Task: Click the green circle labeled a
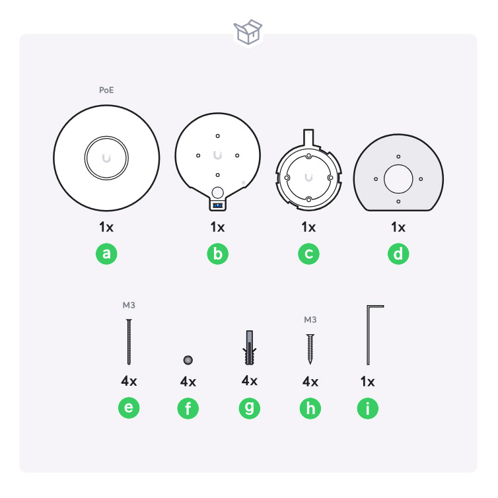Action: [x=106, y=254]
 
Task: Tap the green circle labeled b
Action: [x=217, y=254]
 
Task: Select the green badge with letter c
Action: [x=308, y=254]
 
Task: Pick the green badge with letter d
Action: [x=398, y=254]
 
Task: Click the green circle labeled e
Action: [x=129, y=408]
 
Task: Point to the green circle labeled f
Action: [x=188, y=408]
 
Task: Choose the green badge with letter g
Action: [x=249, y=408]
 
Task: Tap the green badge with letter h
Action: [x=310, y=408]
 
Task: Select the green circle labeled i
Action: [x=368, y=408]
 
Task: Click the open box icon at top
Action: [x=248, y=32]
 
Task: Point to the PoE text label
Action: [x=106, y=90]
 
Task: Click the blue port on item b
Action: [x=217, y=206]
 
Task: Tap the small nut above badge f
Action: [x=188, y=360]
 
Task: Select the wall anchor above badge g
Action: [x=249, y=347]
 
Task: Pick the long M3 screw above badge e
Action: [x=129, y=341]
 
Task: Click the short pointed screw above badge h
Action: [x=310, y=349]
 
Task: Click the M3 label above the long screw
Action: [x=129, y=305]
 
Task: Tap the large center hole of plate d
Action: [x=398, y=179]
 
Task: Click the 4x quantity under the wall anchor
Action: [x=249, y=380]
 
